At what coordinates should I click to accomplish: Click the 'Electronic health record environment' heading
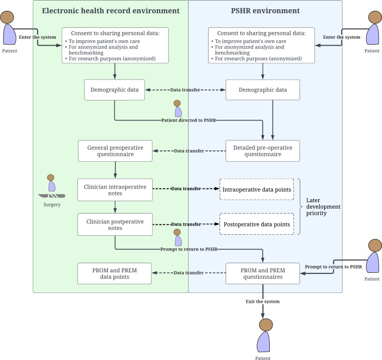111,11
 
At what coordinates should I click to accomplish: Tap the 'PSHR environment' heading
265,11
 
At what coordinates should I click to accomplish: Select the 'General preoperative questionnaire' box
115,151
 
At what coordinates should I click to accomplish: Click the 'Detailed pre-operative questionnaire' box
263,151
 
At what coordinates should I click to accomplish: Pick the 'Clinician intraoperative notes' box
115,190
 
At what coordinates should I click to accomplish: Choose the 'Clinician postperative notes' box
115,224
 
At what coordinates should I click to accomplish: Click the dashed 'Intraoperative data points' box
257,190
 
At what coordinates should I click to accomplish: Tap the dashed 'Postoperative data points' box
257,224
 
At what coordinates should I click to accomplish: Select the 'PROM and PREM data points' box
114,273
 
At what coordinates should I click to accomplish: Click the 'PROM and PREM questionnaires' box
263,273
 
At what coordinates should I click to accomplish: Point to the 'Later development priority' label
323,206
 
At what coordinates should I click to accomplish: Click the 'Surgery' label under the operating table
52,205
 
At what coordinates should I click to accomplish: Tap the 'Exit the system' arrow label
263,302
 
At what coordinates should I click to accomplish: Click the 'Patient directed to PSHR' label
189,120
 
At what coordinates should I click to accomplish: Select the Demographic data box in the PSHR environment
263,90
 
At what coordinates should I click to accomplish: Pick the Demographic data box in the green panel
114,90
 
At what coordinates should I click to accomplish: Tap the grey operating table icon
52,196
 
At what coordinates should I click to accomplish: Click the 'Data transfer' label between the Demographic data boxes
185,90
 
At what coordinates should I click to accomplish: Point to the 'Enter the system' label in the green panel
38,37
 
